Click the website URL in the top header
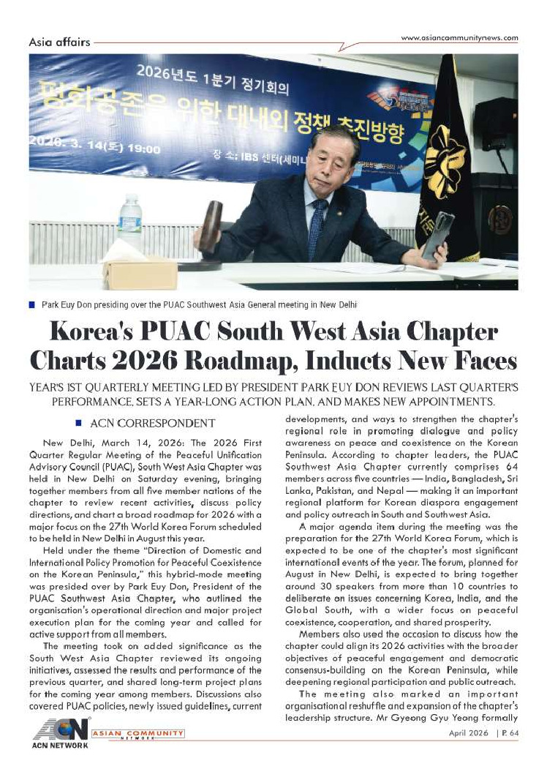coord(460,38)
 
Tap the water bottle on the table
coord(130,223)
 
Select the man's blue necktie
coord(316,228)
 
